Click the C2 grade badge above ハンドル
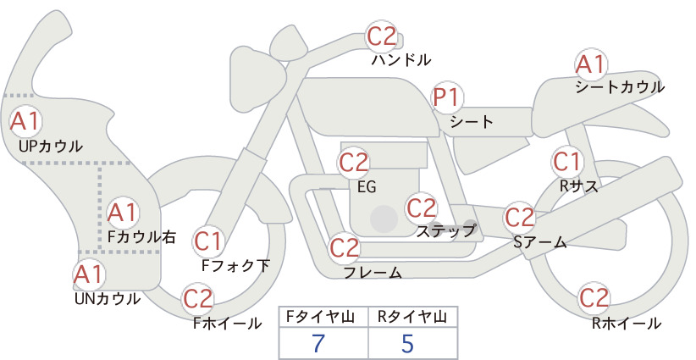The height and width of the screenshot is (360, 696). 382,36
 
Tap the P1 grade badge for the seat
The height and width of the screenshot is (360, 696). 447,97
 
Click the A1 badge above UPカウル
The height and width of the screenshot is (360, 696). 25,121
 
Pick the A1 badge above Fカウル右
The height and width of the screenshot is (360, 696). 123,213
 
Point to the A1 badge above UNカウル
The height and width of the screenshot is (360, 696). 89,274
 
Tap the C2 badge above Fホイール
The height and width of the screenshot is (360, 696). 198,299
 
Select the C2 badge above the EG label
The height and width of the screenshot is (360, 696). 354,163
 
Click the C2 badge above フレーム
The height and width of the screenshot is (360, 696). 344,248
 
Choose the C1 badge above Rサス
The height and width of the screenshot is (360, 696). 567,162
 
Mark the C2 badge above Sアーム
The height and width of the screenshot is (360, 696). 520,218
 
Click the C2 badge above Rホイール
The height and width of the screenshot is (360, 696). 594,298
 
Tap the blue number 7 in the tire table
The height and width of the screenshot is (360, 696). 318,343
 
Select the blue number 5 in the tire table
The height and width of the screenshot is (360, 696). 407,343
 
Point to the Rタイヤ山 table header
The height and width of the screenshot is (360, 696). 412,317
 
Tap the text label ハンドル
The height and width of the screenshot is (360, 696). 401,59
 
